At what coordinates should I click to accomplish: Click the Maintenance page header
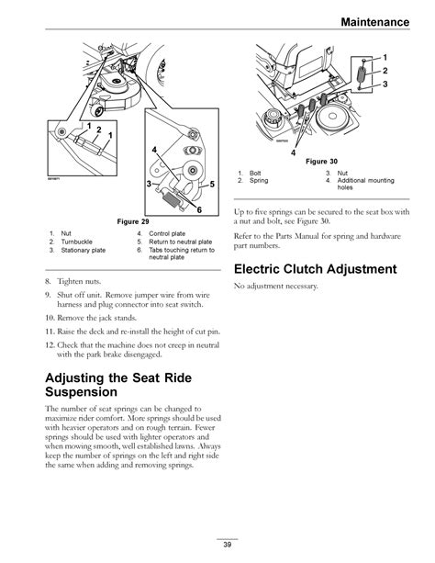pyautogui.click(x=375, y=22)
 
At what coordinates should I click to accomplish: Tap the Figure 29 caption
pyautogui.click(x=133, y=221)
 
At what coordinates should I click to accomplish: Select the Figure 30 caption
pyautogui.click(x=321, y=162)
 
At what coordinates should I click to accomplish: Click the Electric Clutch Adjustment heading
pyautogui.click(x=315, y=269)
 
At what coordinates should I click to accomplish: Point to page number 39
pyautogui.click(x=228, y=545)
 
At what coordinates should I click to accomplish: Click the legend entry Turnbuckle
pyautogui.click(x=76, y=242)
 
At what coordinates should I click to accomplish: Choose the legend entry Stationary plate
pyautogui.click(x=84, y=250)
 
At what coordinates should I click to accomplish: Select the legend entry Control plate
pyautogui.click(x=167, y=233)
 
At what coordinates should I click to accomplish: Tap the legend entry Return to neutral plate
pyautogui.click(x=181, y=242)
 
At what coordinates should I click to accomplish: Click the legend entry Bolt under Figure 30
pyautogui.click(x=255, y=173)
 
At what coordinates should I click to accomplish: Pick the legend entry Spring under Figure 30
pyautogui.click(x=259, y=180)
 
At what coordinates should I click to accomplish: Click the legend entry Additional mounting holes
pyautogui.click(x=366, y=184)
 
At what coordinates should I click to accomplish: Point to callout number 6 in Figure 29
pyautogui.click(x=199, y=209)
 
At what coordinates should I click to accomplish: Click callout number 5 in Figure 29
pyautogui.click(x=212, y=185)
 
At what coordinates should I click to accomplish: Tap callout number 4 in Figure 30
pyautogui.click(x=294, y=152)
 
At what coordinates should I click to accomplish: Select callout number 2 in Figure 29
pyautogui.click(x=99, y=129)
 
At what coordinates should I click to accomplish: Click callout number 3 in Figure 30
pyautogui.click(x=385, y=84)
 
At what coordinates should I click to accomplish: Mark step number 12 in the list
pyautogui.click(x=50, y=345)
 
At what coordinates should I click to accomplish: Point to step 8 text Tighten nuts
pyautogui.click(x=79, y=281)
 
